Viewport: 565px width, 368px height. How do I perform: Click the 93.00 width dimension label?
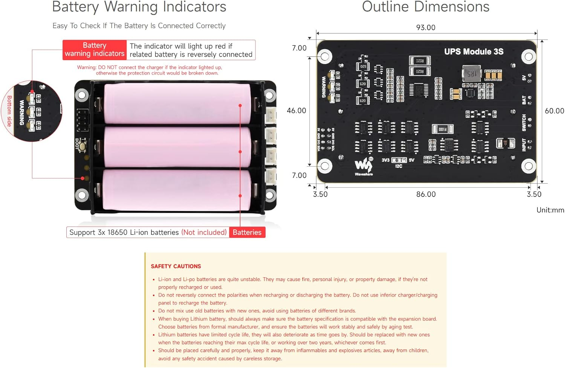coord(425,27)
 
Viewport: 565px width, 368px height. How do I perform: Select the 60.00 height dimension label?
coord(554,111)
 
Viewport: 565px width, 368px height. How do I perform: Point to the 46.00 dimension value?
coord(296,111)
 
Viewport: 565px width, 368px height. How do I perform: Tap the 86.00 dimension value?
coord(426,194)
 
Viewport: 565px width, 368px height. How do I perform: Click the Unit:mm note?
coord(550,210)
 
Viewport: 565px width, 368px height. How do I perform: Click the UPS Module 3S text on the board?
coord(473,52)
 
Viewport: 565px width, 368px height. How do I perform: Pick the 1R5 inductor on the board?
coord(472,74)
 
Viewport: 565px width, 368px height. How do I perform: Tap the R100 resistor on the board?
coord(442,129)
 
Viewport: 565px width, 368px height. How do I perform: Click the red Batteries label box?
coord(247,233)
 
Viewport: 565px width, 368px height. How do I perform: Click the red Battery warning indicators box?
coord(95,50)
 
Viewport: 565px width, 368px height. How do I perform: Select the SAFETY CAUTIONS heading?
coord(176,266)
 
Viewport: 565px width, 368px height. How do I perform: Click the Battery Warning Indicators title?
coord(139,7)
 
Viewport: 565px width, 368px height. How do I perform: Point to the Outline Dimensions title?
coord(425,7)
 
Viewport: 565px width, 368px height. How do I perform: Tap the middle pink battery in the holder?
coord(177,147)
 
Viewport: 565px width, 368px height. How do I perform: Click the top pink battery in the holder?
coord(177,103)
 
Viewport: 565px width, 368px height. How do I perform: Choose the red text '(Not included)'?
coord(204,233)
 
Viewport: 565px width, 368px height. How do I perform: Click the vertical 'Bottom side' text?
coord(9,111)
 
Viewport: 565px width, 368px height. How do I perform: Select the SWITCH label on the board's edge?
coord(524,123)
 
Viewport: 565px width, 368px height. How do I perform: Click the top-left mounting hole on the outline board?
coord(325,57)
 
